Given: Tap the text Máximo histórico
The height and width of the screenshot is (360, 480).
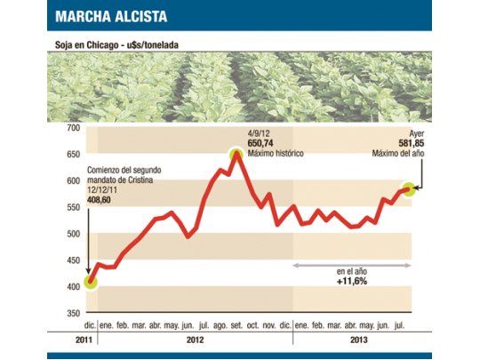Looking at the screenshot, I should click(276, 154).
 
